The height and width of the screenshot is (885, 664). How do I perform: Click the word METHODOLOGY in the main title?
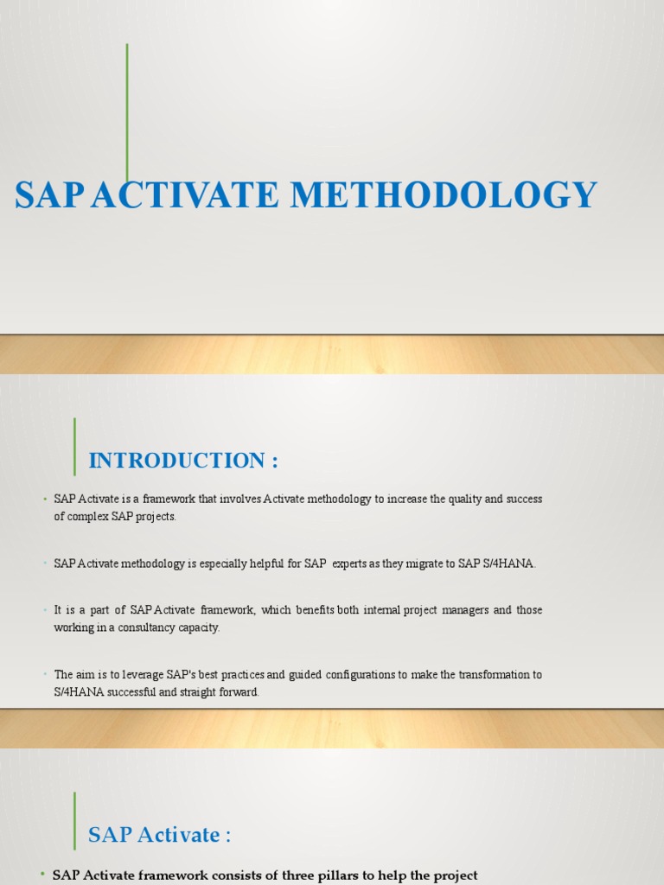coord(444,195)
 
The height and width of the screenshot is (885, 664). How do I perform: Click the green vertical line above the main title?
coord(128,112)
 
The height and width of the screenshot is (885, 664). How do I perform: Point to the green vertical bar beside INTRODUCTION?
coord(75,446)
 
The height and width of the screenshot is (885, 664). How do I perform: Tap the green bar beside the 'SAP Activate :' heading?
coord(75,820)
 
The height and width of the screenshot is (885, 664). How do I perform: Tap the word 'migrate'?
coord(419,563)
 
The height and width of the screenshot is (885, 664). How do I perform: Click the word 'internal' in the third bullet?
coord(381,610)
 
